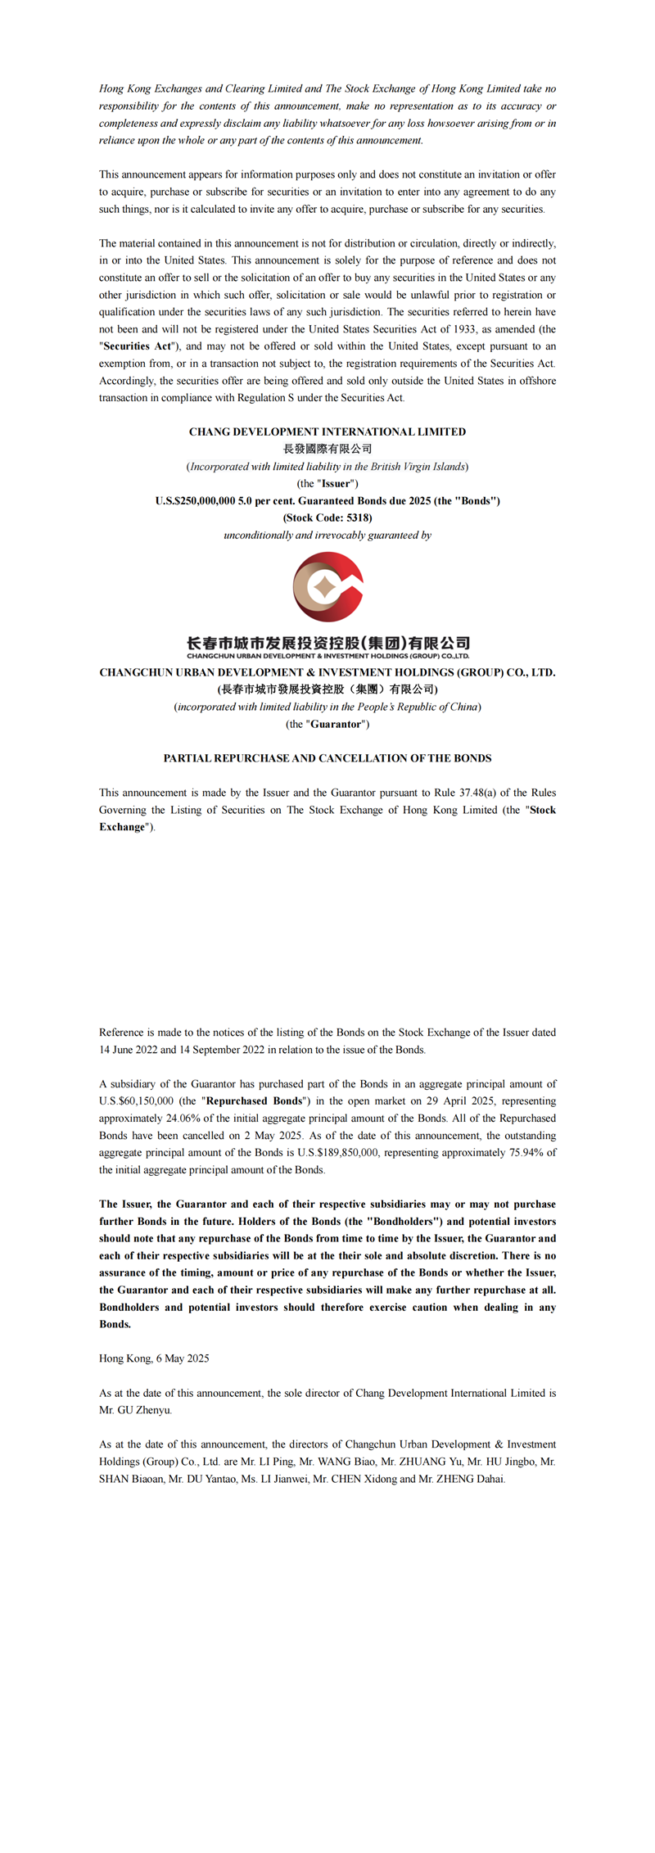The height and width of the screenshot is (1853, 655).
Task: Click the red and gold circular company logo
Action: tap(327, 586)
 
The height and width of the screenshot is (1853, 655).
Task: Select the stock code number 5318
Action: tap(358, 517)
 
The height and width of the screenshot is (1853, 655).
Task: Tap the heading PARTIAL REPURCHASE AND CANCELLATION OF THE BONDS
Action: tap(327, 758)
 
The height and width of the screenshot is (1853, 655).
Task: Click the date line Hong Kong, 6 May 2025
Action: tap(154, 1358)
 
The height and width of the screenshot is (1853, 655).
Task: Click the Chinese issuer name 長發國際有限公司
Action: tap(327, 449)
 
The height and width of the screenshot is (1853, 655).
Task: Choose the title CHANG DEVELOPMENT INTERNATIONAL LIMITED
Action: tap(327, 432)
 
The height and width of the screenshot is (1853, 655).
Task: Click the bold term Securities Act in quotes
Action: tap(138, 346)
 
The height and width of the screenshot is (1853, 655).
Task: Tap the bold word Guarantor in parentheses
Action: tap(336, 724)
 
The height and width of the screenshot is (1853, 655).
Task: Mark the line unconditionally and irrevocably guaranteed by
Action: tap(327, 535)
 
